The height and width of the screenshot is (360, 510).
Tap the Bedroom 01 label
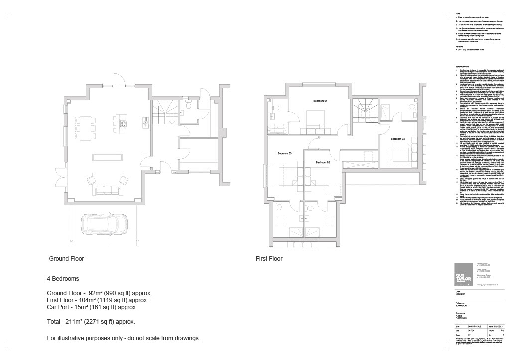click(320, 101)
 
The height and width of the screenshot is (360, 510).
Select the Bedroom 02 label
click(322, 162)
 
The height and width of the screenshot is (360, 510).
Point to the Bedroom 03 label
click(284, 153)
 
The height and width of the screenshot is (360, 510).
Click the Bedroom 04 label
click(398, 138)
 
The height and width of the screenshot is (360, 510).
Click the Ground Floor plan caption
click(66, 259)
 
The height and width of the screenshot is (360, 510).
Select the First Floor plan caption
click(269, 259)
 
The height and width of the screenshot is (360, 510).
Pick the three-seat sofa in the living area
click(104, 189)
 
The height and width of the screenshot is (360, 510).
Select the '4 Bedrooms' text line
click(63, 279)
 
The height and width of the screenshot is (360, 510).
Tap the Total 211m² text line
click(91, 322)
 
